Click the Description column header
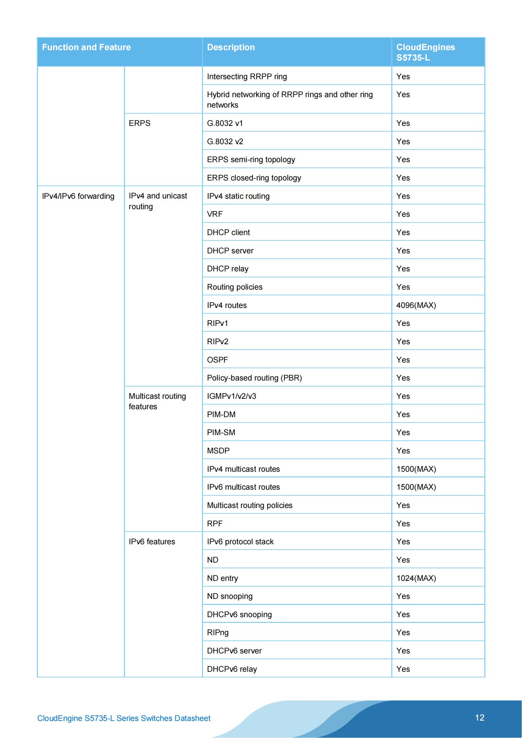(231, 47)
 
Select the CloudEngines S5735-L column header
(425, 52)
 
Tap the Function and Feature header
(86, 47)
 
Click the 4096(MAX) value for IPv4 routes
(416, 305)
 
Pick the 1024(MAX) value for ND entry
(416, 578)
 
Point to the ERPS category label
(139, 123)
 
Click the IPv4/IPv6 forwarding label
(78, 196)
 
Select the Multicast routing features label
(157, 401)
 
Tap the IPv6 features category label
(152, 542)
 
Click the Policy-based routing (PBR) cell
(254, 378)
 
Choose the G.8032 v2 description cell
(225, 141)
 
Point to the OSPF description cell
(217, 360)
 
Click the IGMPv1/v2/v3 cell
(231, 396)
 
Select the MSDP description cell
(218, 451)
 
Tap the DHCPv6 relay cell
(232, 669)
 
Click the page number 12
(479, 717)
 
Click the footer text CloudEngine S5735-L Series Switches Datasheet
(124, 718)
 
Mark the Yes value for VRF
(403, 214)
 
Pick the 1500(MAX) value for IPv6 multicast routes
(416, 487)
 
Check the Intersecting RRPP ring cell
(247, 76)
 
